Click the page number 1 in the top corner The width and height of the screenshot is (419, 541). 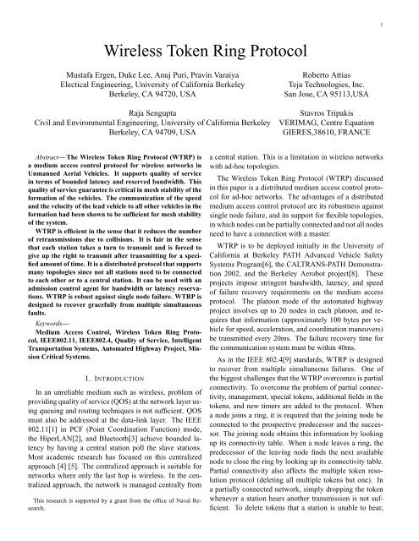pos(408,13)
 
